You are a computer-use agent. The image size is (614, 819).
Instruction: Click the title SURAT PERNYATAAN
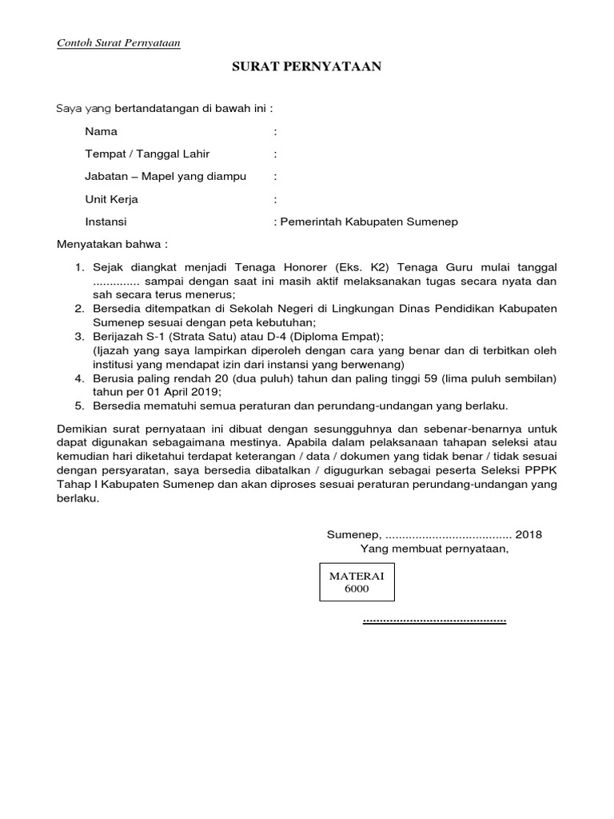[306, 67]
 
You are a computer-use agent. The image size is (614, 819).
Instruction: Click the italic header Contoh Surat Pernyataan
[118, 43]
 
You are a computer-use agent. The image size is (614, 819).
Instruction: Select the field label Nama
[102, 131]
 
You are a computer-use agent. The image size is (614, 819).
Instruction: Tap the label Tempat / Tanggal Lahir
[147, 154]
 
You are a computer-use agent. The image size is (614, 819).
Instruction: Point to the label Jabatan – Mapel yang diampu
[165, 176]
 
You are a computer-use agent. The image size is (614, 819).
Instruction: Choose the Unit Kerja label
[112, 199]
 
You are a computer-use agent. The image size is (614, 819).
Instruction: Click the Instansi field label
[106, 222]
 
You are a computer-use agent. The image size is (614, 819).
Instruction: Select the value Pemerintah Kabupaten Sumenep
[369, 222]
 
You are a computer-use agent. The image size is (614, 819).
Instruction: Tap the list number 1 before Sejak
[79, 267]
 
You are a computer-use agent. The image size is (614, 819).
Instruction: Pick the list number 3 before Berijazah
[79, 337]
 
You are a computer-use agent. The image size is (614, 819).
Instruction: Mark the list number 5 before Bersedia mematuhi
[79, 406]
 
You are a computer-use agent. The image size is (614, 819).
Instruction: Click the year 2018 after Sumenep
[528, 534]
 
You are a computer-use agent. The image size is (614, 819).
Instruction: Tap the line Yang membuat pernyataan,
[434, 549]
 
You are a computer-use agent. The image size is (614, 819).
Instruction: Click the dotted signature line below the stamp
[434, 620]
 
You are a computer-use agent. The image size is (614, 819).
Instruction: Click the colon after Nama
[275, 131]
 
